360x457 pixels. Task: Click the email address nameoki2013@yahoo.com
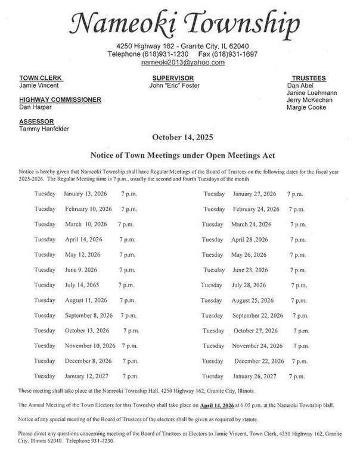[x=183, y=62]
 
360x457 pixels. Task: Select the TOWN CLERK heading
[x=41, y=78]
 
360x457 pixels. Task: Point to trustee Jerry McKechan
[x=309, y=100]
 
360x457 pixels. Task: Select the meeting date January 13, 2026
[x=88, y=194]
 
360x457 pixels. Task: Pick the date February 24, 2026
[x=256, y=209]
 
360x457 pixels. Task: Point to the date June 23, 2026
[x=253, y=270]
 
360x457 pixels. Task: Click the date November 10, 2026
[x=89, y=346]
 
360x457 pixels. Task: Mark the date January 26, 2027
[x=255, y=376]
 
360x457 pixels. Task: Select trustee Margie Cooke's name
[x=306, y=108]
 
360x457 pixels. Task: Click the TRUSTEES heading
[x=309, y=78]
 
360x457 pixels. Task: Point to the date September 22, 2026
[x=257, y=315]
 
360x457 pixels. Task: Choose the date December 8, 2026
[x=88, y=360]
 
